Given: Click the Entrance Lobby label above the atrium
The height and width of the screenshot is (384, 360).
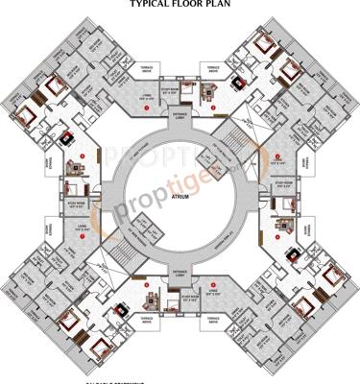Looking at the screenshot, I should point(180,115).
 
